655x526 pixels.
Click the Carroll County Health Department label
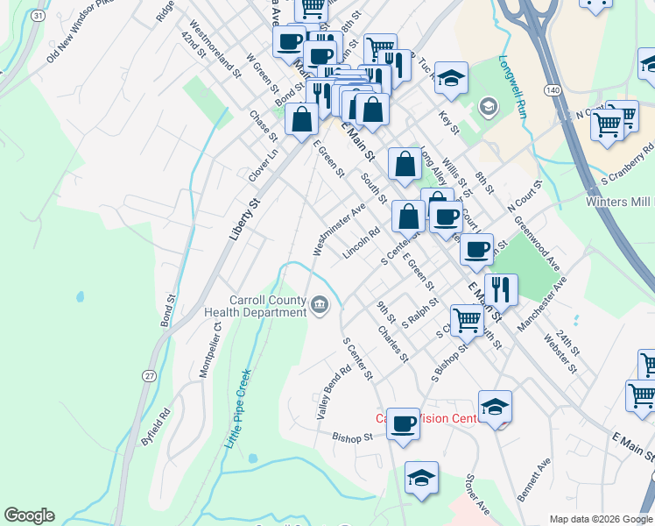click(255, 306)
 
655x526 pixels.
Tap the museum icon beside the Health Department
click(320, 306)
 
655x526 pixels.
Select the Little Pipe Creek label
click(238, 408)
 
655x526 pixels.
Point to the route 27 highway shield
click(150, 375)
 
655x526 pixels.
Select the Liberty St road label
click(244, 219)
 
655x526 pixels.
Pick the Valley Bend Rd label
click(335, 391)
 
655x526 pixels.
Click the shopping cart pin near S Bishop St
click(467, 320)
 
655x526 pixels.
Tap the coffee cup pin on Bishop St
click(403, 423)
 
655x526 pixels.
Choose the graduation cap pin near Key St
click(451, 77)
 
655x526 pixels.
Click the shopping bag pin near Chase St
click(301, 119)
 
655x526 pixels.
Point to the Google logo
click(29, 515)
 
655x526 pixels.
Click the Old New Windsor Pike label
click(81, 42)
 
